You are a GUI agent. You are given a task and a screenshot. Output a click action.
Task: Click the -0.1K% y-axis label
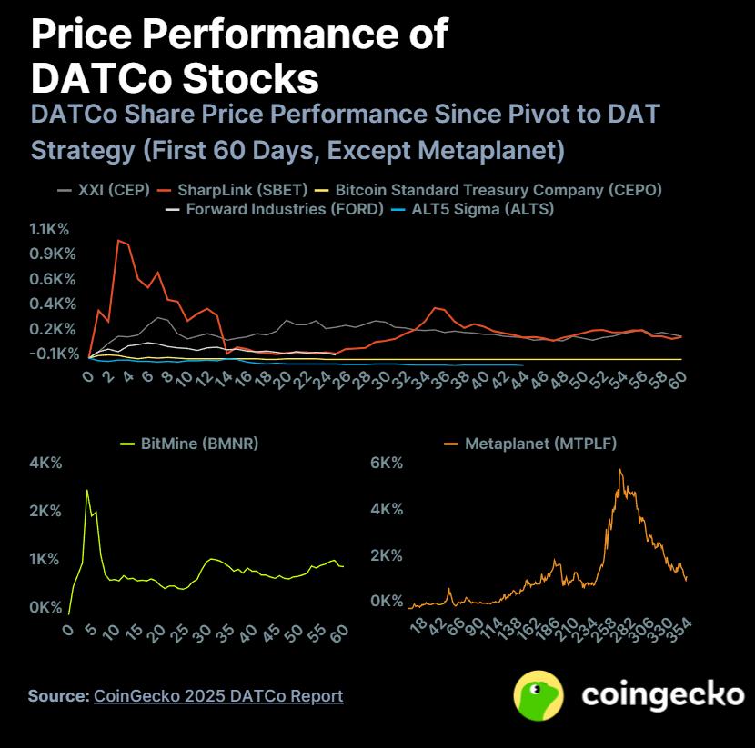pos(54,354)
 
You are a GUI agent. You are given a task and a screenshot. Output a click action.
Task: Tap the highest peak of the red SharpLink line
pos(117,240)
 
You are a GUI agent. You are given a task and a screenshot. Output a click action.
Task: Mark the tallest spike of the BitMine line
pos(87,491)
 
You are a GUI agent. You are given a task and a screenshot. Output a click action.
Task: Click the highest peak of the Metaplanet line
pos(620,470)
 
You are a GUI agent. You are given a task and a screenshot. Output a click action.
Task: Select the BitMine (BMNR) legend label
pos(198,444)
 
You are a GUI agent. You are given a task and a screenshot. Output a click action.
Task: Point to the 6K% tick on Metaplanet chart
pos(385,463)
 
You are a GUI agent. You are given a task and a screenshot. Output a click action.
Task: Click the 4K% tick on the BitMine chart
pos(45,463)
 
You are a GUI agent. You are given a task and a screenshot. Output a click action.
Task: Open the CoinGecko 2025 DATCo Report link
pos(218,696)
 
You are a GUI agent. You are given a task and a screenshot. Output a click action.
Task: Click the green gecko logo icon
pos(539,696)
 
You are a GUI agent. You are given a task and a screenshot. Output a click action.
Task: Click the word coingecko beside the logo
pos(661,695)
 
